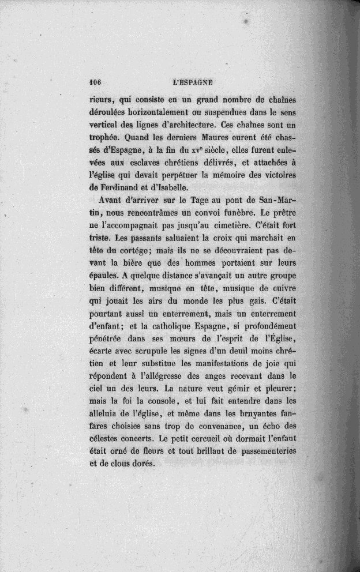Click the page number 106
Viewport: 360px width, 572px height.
(x=96, y=82)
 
